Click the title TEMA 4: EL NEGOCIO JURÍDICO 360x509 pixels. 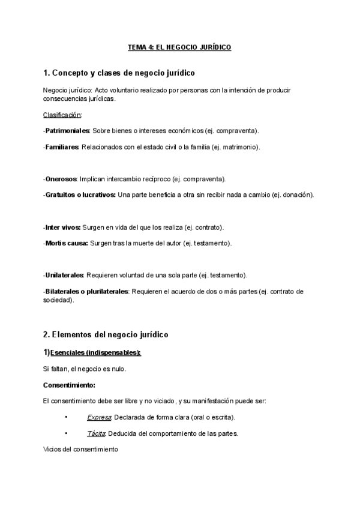[x=179, y=47]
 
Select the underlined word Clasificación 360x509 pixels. [x=62, y=114]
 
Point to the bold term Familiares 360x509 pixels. [x=62, y=146]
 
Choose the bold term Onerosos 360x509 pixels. [x=61, y=179]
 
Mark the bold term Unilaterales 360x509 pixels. [x=64, y=275]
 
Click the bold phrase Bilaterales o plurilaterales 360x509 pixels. [x=86, y=291]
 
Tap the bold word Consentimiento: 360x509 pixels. [x=70, y=384]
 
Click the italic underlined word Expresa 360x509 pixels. [x=96, y=417]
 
